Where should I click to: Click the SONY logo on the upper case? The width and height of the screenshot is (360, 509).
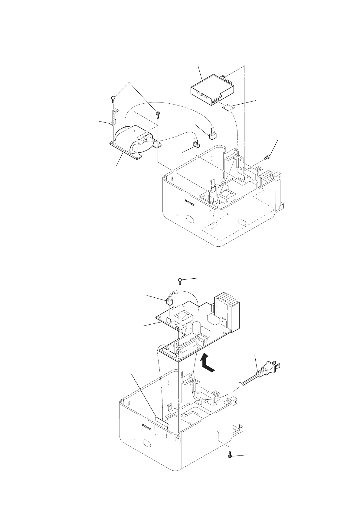pyautogui.click(x=190, y=200)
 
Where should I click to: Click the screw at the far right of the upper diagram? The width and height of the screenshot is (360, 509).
pyautogui.click(x=267, y=157)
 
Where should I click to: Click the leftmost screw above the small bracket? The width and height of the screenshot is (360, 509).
pyautogui.click(x=113, y=98)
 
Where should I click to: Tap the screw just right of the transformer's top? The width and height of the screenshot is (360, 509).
pyautogui.click(x=157, y=114)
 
